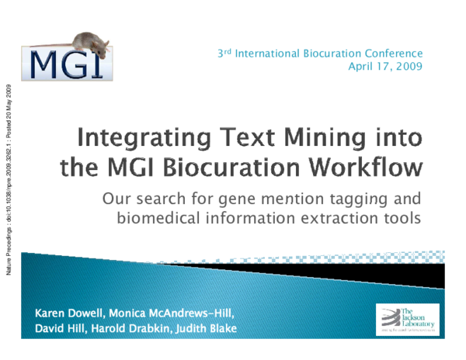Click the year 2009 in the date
[x=409, y=66]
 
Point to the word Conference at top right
[x=394, y=54]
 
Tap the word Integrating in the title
[x=131, y=140]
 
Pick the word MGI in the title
[x=130, y=168]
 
